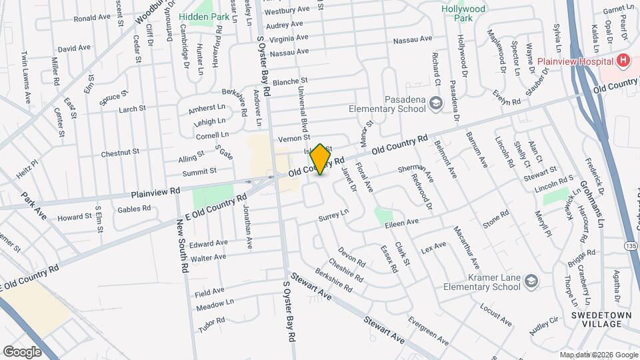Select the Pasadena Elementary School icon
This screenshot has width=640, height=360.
[x=435, y=103]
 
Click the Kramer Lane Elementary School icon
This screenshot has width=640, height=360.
[x=531, y=281]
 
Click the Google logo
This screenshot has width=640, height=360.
[x=22, y=351]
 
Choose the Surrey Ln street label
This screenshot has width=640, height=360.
[x=333, y=215]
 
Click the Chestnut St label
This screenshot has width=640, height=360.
[x=120, y=153]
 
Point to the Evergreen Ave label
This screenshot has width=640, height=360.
[x=429, y=329]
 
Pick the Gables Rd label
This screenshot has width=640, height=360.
[x=133, y=209]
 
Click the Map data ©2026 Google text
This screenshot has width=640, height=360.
[x=598, y=355]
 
